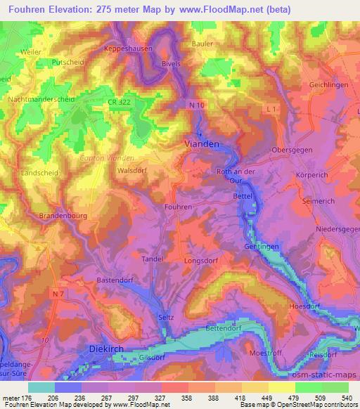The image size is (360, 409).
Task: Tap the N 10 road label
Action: pos(196,105)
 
